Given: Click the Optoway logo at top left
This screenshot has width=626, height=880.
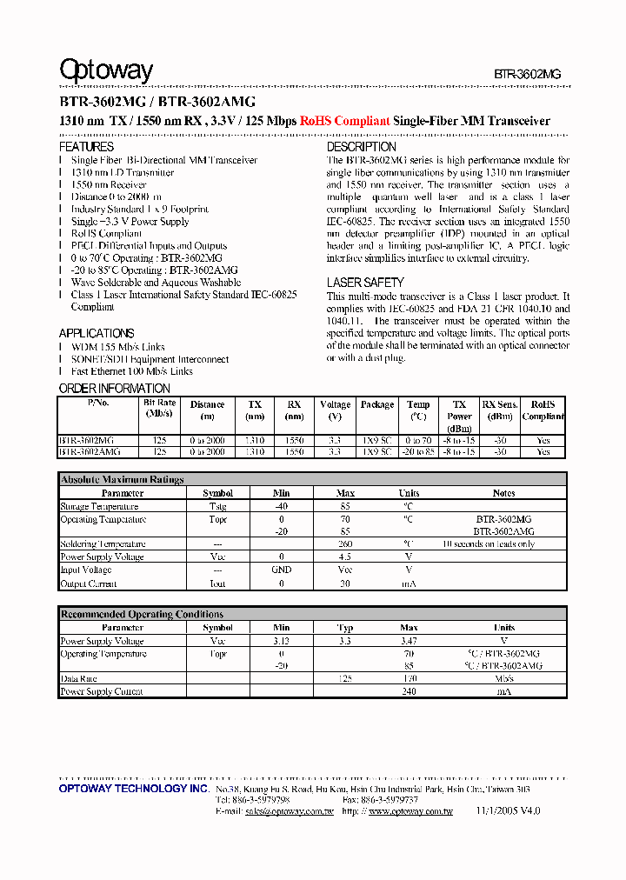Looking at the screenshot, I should [x=105, y=70].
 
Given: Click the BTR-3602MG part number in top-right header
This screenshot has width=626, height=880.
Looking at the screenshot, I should [x=527, y=75].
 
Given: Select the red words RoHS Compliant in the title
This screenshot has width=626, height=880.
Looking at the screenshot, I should [x=344, y=122].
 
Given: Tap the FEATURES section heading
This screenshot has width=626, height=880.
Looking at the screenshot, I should [x=86, y=148].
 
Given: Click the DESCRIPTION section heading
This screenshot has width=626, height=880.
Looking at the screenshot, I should [x=362, y=148].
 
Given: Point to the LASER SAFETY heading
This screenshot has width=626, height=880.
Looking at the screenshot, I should [x=365, y=283].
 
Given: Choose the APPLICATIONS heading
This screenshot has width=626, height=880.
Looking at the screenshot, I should [x=97, y=333].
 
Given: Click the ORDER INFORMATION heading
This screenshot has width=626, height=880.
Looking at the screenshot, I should [x=114, y=389].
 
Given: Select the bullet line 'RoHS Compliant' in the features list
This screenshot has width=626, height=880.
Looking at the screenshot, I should [x=106, y=234].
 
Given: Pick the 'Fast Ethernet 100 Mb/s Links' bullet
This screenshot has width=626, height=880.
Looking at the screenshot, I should [x=132, y=371].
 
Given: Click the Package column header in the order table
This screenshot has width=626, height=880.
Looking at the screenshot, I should [x=376, y=404].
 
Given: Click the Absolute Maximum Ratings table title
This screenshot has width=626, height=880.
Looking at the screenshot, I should [x=122, y=479].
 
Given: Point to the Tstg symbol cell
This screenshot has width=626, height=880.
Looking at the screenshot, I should [x=217, y=506].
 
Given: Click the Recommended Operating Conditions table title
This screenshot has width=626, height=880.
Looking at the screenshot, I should [x=142, y=614].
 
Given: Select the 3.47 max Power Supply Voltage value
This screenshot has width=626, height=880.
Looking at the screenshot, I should [x=409, y=641].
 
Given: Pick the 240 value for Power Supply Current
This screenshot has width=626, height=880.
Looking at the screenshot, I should [x=409, y=692].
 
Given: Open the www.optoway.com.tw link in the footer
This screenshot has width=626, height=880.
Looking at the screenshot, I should [x=410, y=811].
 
